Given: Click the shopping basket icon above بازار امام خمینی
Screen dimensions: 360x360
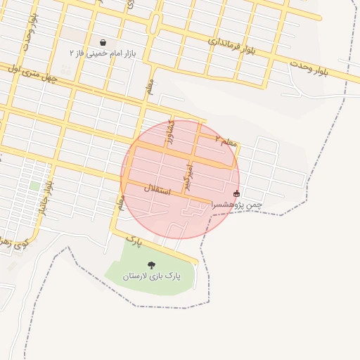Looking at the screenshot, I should click(x=103, y=43).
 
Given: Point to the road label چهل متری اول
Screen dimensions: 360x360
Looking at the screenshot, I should click(x=26, y=71).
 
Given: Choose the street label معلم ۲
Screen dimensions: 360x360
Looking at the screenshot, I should click(x=226, y=142).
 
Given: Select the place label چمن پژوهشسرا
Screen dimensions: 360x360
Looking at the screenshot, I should click(x=236, y=204).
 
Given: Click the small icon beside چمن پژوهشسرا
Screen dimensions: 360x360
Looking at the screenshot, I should click(x=236, y=193).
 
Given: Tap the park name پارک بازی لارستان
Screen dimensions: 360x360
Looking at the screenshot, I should click(x=152, y=276).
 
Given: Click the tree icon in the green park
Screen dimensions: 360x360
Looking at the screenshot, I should click(x=152, y=265).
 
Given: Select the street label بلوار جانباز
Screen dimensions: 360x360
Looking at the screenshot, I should click(x=46, y=194).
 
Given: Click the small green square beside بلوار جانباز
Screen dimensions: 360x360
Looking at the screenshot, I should click(x=34, y=186).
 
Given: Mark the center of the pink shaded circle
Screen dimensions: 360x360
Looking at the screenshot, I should click(x=180, y=180).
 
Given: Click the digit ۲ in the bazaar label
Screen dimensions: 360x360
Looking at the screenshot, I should click(x=72, y=53).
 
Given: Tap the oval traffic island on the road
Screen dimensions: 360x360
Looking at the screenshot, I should click(x=154, y=24).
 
